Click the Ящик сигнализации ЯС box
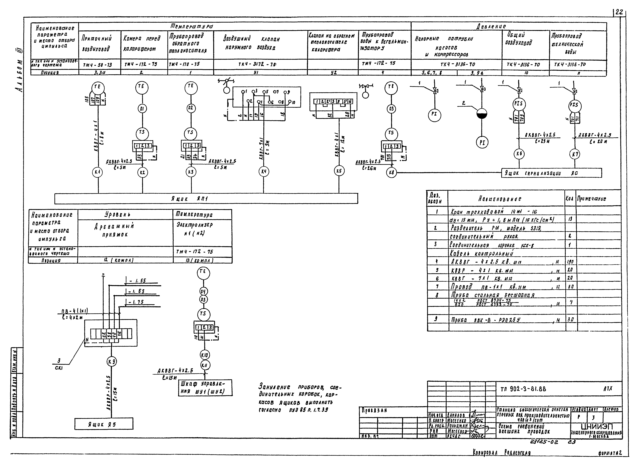[551, 173]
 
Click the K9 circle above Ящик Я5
[112, 362]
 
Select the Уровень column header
[125, 215]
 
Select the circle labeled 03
[391, 109]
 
